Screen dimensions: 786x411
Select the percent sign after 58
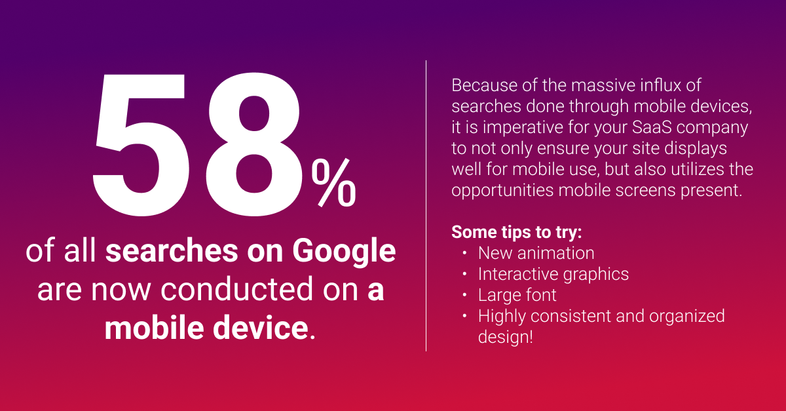(x=333, y=183)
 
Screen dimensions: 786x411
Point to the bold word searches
(x=172, y=251)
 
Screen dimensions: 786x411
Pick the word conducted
(x=237, y=289)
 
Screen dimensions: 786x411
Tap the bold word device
(x=261, y=328)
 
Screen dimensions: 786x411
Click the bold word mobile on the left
(x=155, y=328)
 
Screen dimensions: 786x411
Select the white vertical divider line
(x=426, y=206)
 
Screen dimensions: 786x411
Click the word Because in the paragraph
(x=484, y=85)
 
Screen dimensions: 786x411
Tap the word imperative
(x=523, y=128)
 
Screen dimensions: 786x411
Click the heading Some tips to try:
(x=517, y=233)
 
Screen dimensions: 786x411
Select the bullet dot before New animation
(x=464, y=253)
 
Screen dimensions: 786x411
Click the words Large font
(x=517, y=296)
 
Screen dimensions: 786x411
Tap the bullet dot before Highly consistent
(x=464, y=316)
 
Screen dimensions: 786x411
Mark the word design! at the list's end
(x=506, y=337)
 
